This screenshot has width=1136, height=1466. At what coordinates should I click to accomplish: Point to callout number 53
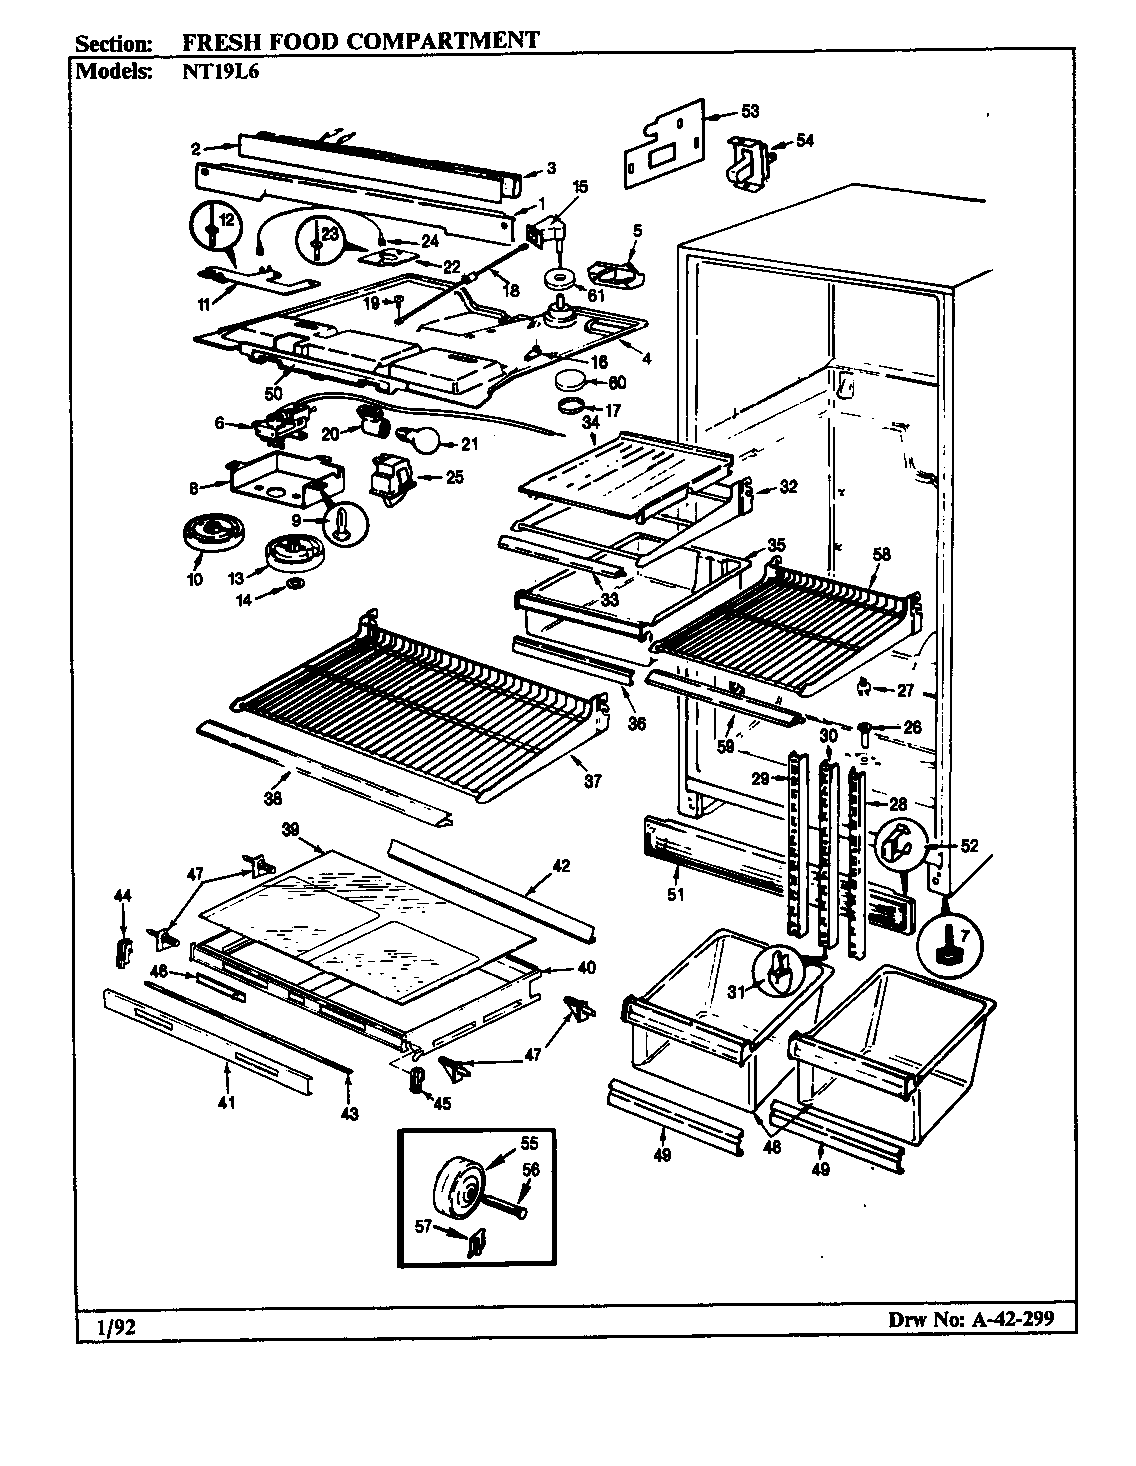(x=750, y=111)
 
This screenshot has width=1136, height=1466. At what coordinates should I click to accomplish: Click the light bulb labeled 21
(x=417, y=438)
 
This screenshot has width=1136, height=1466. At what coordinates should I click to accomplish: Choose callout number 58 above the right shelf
(x=881, y=555)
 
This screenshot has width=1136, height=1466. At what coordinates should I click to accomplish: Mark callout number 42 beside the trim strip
(x=561, y=866)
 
